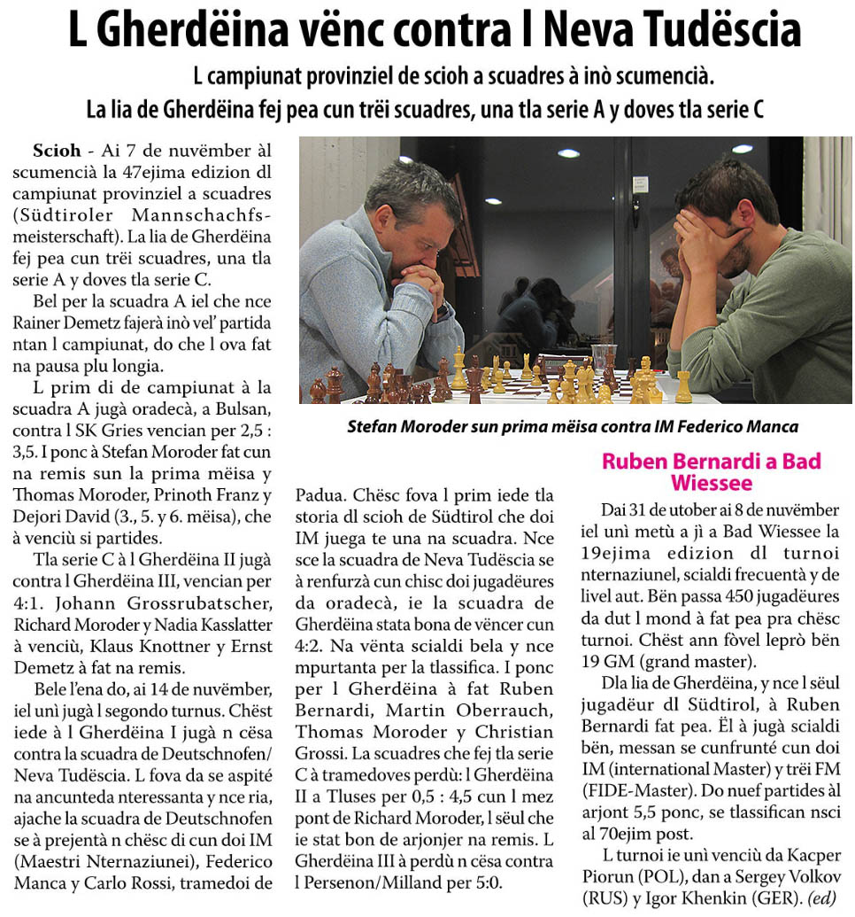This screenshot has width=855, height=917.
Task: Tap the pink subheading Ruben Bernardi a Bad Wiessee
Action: coord(711,471)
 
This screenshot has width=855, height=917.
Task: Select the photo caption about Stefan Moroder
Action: coord(573,426)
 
